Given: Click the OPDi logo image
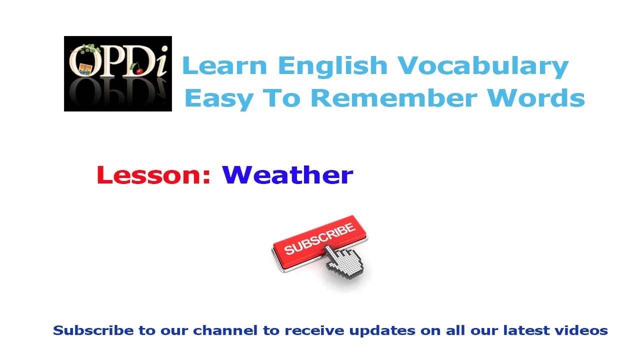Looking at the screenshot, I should (x=118, y=73).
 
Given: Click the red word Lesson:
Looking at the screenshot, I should (x=153, y=175).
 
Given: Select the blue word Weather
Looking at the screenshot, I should (x=287, y=175).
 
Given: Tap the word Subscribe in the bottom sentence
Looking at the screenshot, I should (x=93, y=330).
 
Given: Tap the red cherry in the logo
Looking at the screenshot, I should (x=138, y=71).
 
